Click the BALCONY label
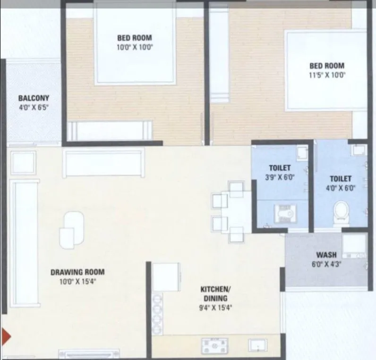point(34,99)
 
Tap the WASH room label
point(326,254)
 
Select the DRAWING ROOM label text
point(77,272)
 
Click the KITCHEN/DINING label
point(216,293)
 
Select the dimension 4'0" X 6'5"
point(34,108)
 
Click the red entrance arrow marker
point(6,335)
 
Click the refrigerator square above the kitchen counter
point(166,277)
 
